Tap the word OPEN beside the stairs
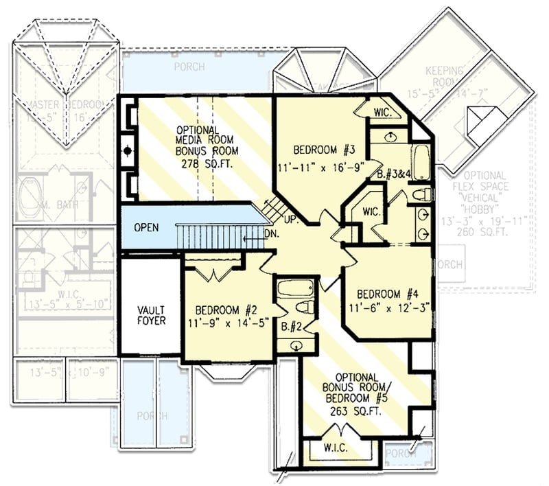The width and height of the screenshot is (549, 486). point(147,227)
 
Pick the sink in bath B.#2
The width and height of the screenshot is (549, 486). point(296,345)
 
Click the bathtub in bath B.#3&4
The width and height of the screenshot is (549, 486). point(420,162)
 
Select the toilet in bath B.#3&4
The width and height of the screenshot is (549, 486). point(421,194)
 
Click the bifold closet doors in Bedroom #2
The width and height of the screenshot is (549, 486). point(215,273)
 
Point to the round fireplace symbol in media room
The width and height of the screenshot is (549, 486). point(127,149)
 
